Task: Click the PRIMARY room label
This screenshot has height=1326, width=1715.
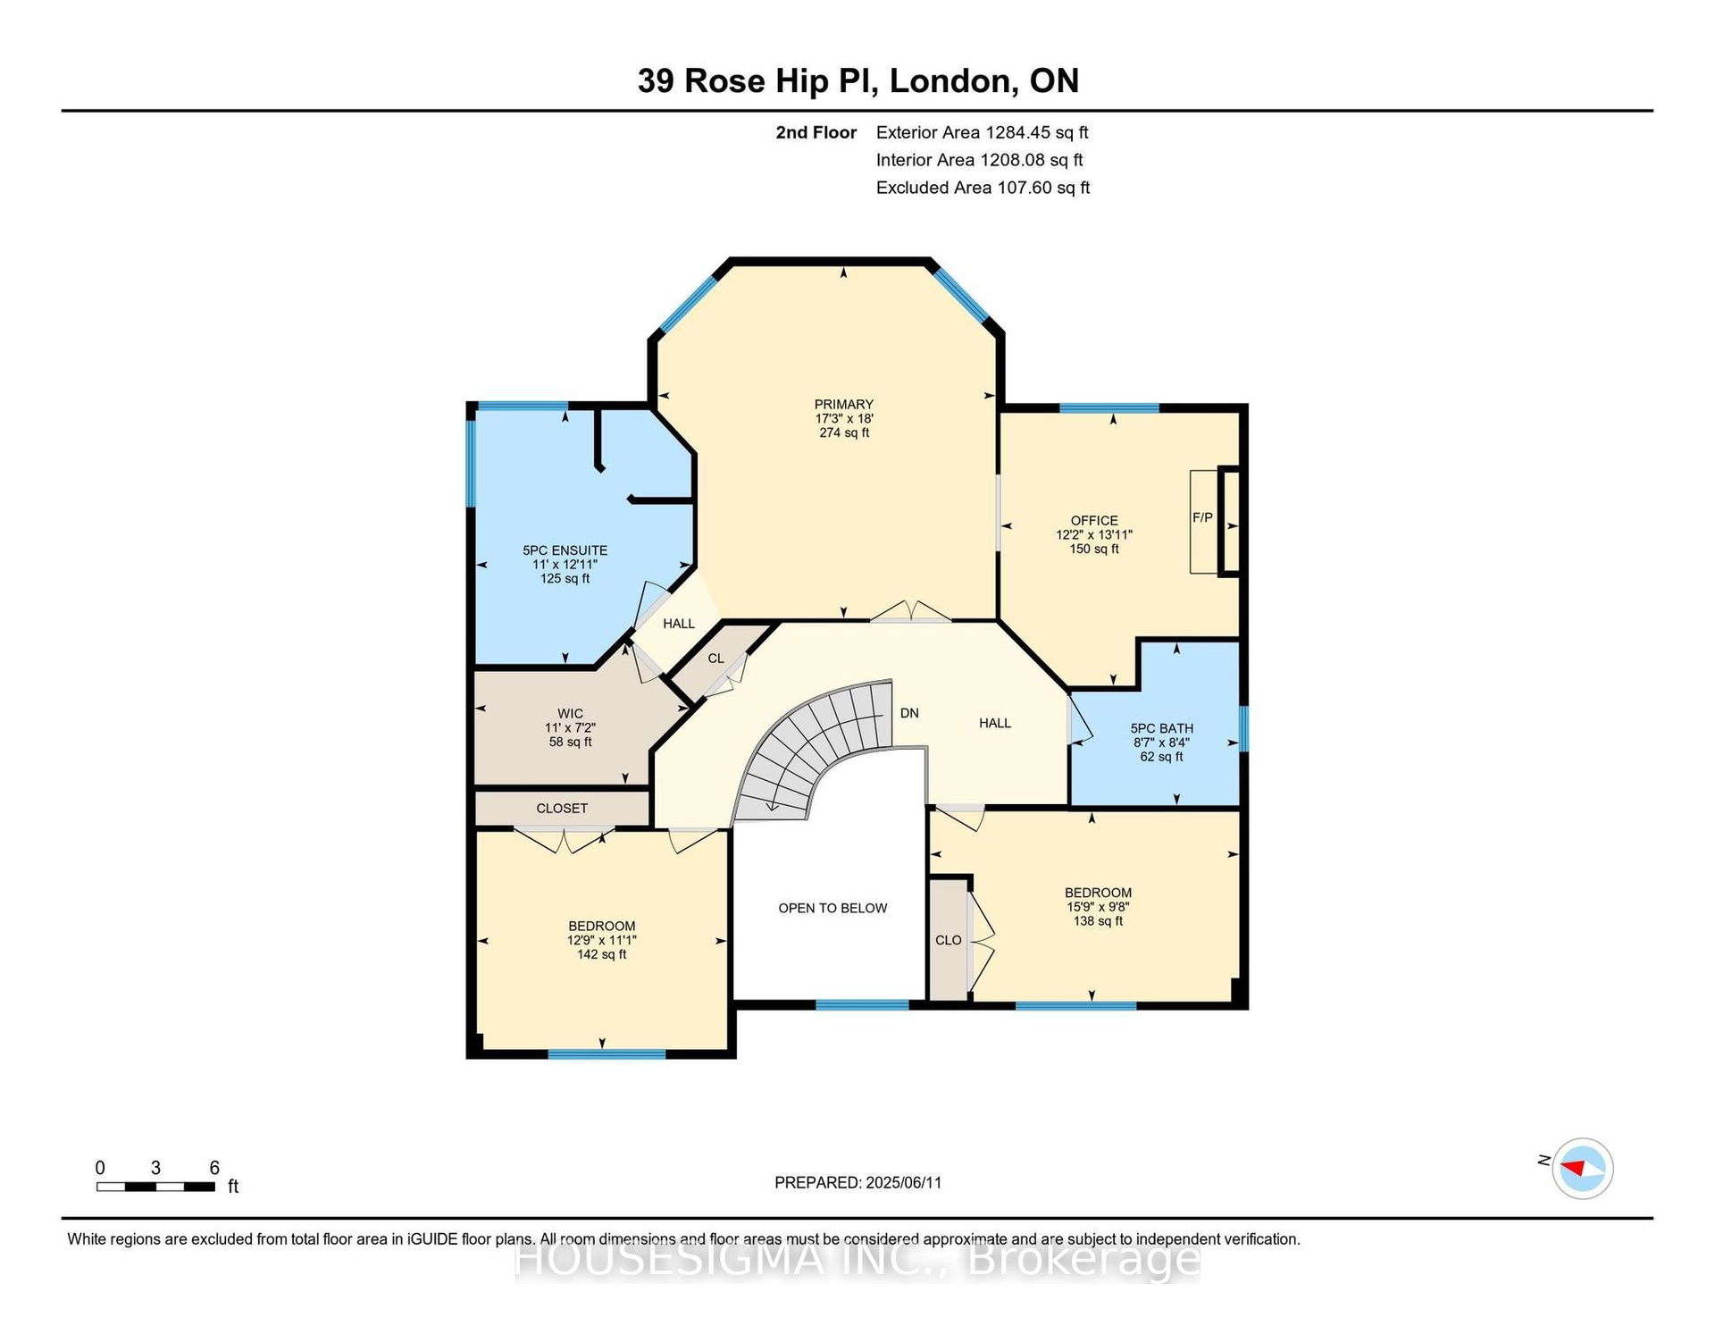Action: coord(843,405)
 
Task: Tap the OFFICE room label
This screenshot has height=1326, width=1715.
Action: coord(1094,521)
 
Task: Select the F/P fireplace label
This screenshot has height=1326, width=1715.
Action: coord(1202,517)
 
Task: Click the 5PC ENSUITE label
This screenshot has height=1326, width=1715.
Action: coord(565,551)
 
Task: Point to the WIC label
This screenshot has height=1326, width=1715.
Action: coord(570,714)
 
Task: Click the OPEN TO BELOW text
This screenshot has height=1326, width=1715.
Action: coord(832,909)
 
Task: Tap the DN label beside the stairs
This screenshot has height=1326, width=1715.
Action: coord(909,713)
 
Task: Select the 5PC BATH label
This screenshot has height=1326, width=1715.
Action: coord(1161,728)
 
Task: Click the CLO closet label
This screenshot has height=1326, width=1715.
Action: coord(949,940)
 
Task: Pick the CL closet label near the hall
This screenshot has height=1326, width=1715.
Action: coord(715,659)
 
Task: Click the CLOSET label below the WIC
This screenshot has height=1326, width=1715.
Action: coord(562,809)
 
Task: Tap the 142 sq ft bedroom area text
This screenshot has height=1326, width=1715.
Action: coord(601,954)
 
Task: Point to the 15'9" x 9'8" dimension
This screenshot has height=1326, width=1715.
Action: coord(1098,907)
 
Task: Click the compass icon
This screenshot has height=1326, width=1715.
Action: coord(1582,1168)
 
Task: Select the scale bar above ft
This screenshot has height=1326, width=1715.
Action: coord(155,1187)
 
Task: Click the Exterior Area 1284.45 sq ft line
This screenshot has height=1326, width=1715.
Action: coord(982,133)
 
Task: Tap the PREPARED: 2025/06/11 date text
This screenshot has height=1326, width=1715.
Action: coord(857,1183)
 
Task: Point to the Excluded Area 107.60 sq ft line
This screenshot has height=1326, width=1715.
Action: coord(983,188)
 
